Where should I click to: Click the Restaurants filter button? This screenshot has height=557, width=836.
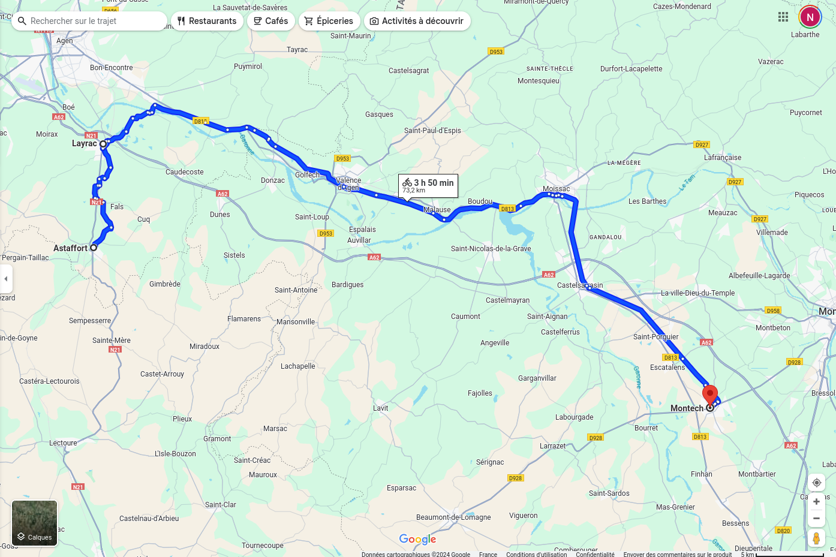pos(207,21)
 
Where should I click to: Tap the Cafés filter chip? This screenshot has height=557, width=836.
pos(270,21)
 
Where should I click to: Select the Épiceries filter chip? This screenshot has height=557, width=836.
pos(329,21)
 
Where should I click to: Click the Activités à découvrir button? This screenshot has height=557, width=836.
pos(417,21)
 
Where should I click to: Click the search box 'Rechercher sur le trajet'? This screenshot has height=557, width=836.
pos(90,21)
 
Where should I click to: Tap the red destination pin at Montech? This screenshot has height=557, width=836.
pos(710,396)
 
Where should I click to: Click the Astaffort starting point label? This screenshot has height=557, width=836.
pos(70,248)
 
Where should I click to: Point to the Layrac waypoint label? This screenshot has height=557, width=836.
pos(84,144)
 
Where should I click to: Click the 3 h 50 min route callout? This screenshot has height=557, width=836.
pos(428,185)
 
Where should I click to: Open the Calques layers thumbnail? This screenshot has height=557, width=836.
pos(35,523)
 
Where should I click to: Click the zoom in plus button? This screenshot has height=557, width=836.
pos(816,502)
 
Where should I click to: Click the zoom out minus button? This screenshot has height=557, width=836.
pos(816,519)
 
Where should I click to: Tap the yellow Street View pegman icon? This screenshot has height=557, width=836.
pos(816,538)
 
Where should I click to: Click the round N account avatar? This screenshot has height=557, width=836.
pos(810,17)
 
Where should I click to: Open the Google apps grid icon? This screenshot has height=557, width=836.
pos(783,17)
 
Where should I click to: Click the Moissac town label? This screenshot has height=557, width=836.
pos(556,189)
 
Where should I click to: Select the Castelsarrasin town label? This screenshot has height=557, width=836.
pos(580,285)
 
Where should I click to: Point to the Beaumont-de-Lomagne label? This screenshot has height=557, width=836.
pos(453,517)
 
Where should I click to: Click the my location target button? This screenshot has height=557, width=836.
pos(816,483)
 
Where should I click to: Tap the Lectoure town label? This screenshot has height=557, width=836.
pos(63,443)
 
